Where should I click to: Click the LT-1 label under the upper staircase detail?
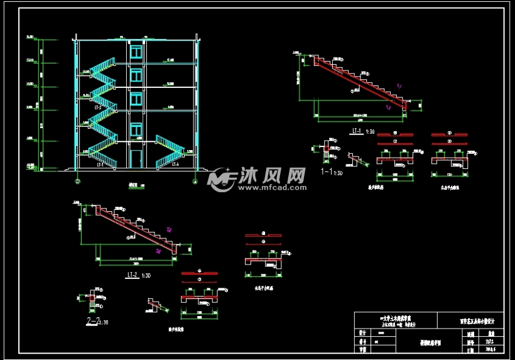(x=356, y=131)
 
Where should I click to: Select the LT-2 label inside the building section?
(x=99, y=108)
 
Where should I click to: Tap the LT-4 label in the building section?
(x=175, y=165)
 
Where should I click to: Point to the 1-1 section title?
(x=327, y=172)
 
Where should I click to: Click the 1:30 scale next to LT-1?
(x=371, y=132)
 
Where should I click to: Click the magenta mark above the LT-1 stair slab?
(x=398, y=85)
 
